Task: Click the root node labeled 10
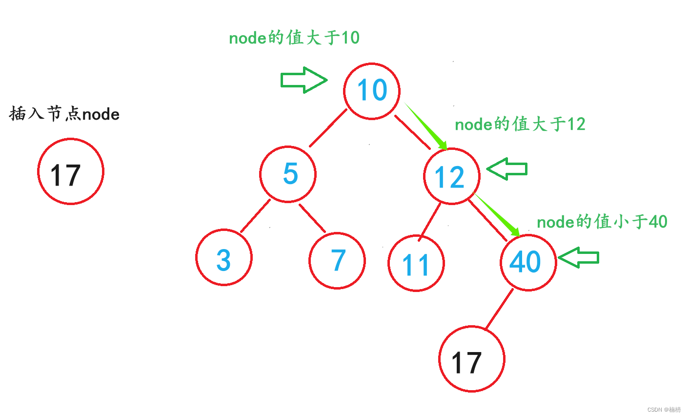click(372, 91)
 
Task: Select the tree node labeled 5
click(288, 174)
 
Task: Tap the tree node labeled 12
click(451, 176)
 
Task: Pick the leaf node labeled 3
click(224, 257)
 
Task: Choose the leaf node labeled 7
click(337, 260)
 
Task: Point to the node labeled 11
click(416, 263)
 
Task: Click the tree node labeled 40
click(528, 262)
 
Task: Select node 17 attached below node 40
click(471, 359)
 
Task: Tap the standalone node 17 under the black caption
click(71, 171)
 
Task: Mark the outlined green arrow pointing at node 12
click(507, 169)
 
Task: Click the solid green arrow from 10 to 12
click(426, 126)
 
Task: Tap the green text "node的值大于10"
click(294, 38)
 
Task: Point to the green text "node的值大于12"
click(520, 125)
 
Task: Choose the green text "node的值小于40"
click(602, 222)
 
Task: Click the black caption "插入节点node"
click(64, 114)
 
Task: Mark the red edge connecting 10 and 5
click(328, 128)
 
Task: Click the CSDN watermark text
click(664, 410)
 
